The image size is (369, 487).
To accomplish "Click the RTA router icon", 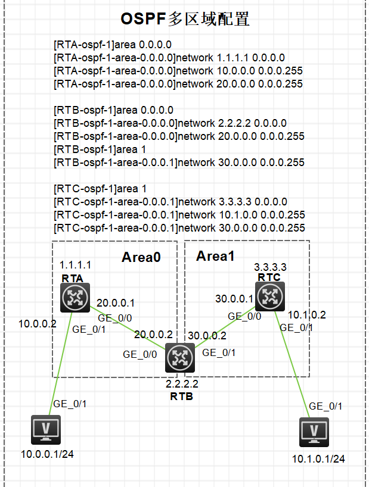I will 74,298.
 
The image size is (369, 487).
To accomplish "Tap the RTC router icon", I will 270,296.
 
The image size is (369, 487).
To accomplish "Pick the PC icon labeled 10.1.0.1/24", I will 314,433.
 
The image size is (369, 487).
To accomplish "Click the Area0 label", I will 141,257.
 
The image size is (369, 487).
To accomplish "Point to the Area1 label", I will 216,256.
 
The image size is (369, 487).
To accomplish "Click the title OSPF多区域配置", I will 185,19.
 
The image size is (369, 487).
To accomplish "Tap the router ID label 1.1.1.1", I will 75,264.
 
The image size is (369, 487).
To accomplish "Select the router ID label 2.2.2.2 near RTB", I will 181,385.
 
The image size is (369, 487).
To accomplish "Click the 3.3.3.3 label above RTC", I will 270,267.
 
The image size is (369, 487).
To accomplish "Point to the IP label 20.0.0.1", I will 116,304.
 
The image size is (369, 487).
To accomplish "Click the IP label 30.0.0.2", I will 206,336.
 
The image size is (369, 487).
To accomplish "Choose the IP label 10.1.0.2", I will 307,315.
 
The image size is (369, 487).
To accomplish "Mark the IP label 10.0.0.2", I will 36,324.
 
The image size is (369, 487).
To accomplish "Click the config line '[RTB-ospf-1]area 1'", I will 100,149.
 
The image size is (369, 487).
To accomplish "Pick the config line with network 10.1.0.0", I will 179,215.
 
